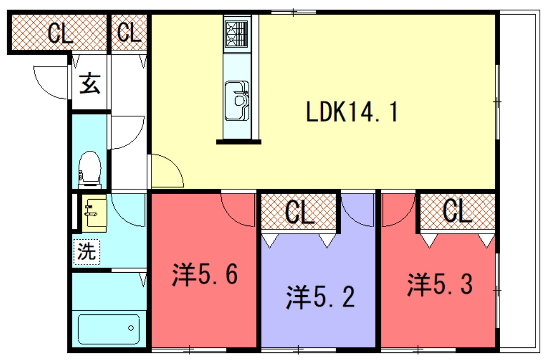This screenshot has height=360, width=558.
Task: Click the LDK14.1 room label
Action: [x=352, y=113]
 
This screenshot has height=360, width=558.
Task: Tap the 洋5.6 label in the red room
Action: [x=204, y=274]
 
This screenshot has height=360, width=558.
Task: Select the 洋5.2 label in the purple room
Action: [x=319, y=296]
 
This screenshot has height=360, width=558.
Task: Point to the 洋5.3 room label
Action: [x=440, y=285]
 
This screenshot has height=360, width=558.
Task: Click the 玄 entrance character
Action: [x=90, y=85]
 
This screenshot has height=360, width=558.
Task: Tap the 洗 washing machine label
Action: [x=87, y=252]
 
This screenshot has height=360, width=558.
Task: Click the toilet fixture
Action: [x=89, y=169]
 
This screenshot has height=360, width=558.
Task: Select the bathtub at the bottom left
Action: [x=109, y=328]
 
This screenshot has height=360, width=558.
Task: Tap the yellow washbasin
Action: [x=93, y=213]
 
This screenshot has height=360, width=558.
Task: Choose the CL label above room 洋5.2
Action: [x=298, y=212]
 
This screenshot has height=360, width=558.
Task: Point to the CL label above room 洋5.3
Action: [x=456, y=212]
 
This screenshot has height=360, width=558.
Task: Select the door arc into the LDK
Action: [x=166, y=170]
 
